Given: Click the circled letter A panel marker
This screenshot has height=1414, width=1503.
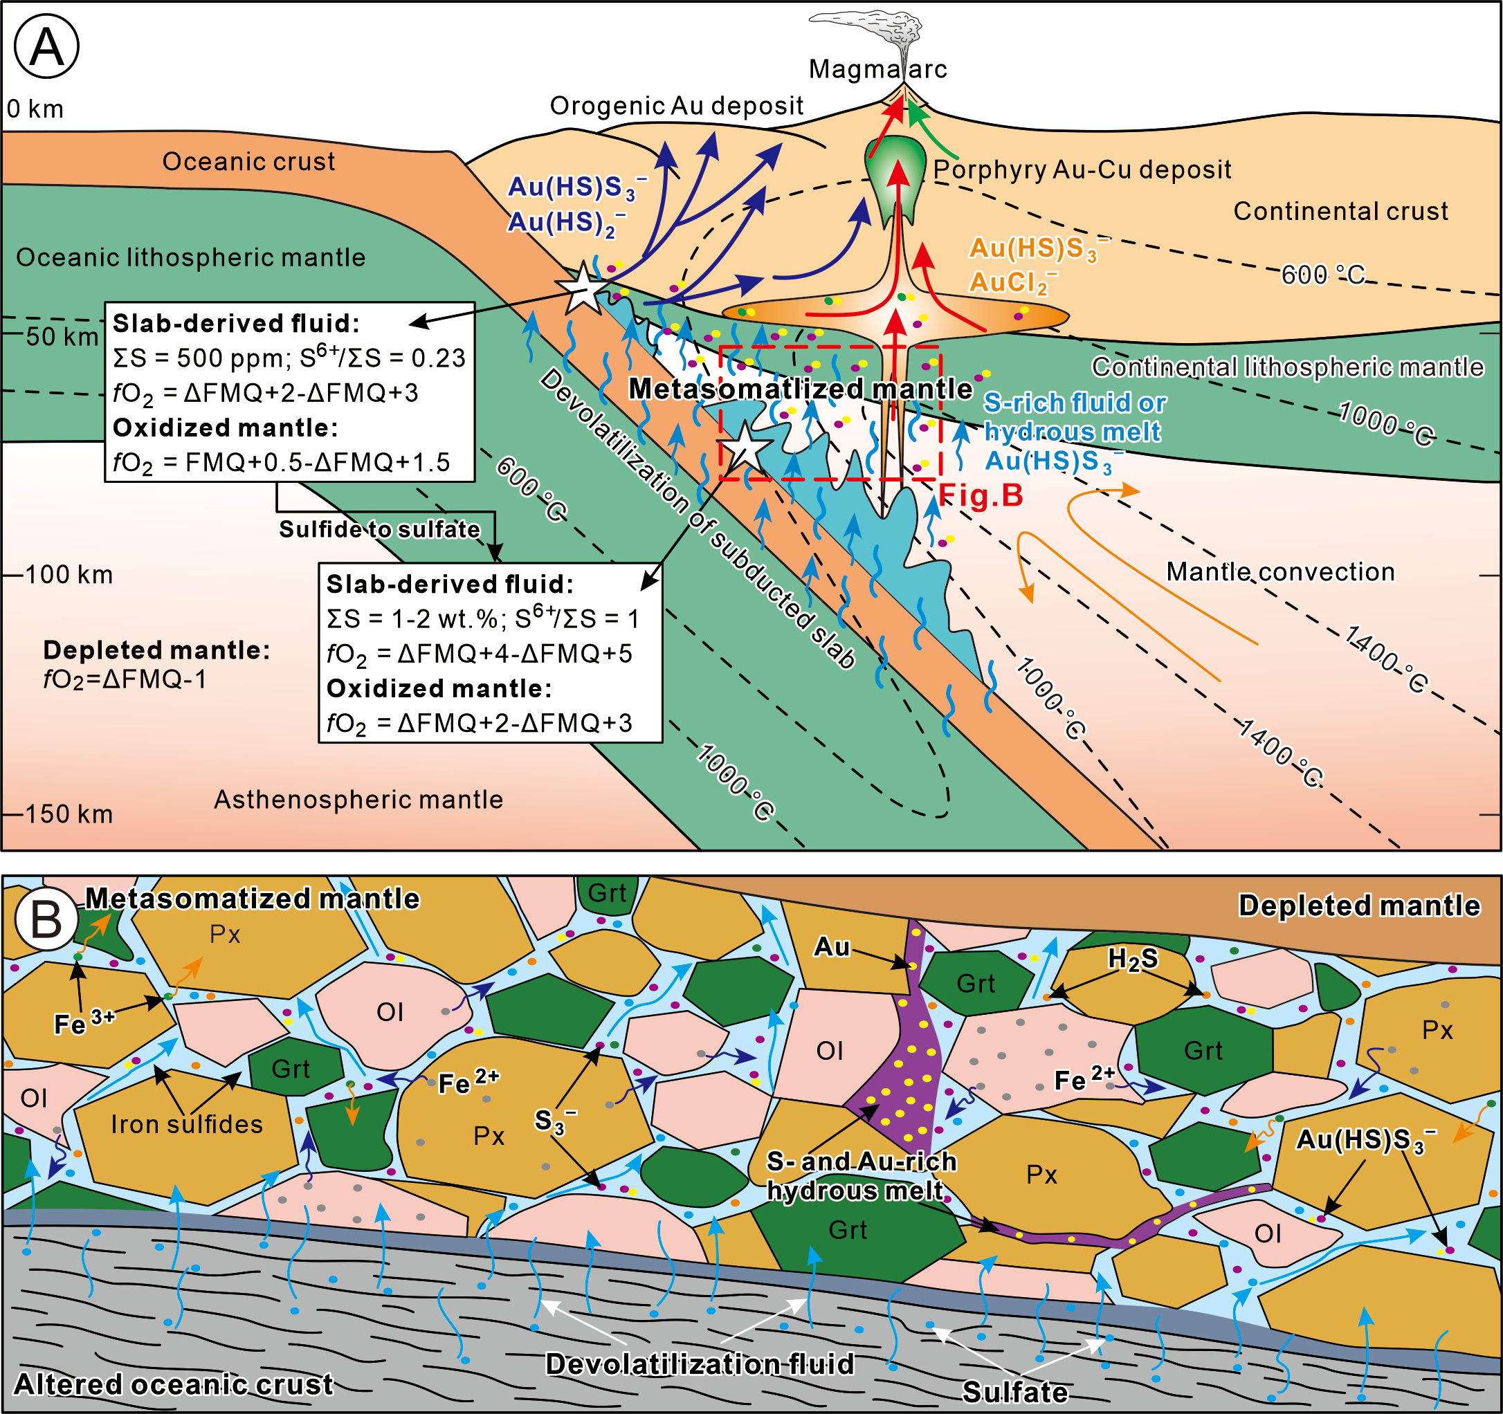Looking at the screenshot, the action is [47, 47].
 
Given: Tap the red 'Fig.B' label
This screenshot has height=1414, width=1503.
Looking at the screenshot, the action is [981, 496].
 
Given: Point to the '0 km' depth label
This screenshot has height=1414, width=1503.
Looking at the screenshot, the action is [35, 109].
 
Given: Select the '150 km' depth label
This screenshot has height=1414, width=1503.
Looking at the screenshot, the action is [69, 814].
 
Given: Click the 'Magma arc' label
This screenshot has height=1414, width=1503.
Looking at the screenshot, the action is [877, 70].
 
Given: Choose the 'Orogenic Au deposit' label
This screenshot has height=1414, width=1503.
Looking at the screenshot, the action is [677, 106].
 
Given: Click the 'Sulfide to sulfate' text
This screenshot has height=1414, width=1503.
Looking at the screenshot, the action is [379, 529].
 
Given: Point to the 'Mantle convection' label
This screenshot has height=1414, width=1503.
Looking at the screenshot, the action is [1281, 571].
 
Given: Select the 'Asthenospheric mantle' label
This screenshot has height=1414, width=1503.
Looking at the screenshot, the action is [358, 800].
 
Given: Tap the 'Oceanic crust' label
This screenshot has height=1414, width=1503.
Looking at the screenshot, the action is [248, 162].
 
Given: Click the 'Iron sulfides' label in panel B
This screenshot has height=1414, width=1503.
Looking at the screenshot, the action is [188, 1125].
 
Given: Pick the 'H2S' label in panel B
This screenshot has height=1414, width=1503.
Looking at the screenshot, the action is [1133, 959].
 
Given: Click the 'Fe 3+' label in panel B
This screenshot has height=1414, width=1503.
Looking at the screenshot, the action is [84, 1023].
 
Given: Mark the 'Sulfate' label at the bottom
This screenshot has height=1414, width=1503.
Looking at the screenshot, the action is [1015, 1392].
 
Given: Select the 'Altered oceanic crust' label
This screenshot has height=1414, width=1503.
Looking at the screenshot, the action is [174, 1384].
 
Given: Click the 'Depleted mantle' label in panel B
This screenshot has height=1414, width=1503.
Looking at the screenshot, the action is [1359, 906].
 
